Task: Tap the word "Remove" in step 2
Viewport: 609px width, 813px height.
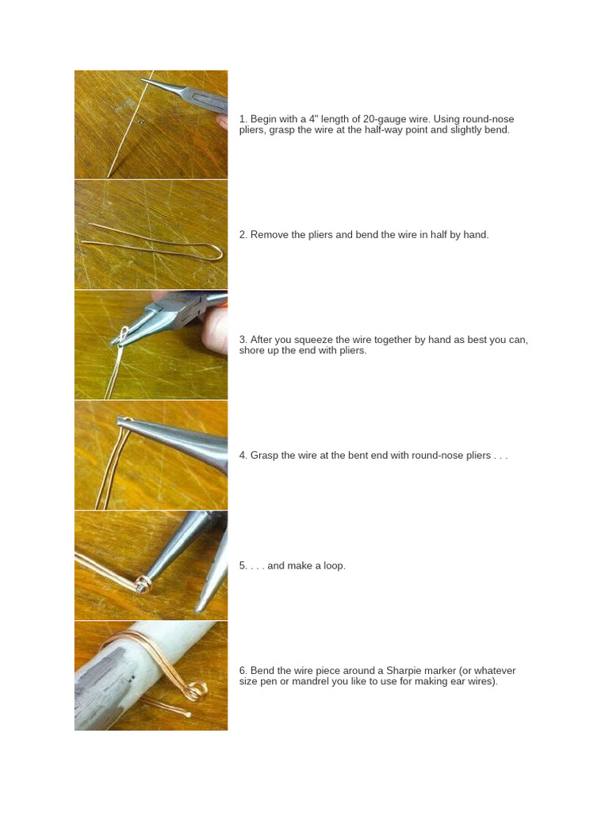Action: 269,235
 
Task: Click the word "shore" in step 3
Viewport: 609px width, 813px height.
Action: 251,351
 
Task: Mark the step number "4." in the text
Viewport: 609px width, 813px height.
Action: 243,456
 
